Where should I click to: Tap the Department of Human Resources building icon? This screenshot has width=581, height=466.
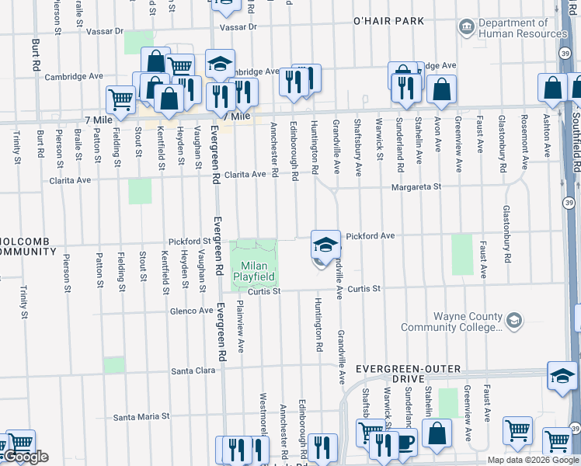pyautogui.click(x=466, y=27)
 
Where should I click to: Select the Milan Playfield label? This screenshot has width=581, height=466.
pyautogui.click(x=254, y=271)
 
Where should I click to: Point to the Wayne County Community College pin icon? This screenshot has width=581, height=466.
pyautogui.click(x=513, y=319)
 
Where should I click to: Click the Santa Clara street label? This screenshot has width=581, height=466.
pyautogui.click(x=193, y=371)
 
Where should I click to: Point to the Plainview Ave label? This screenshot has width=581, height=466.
pyautogui.click(x=240, y=322)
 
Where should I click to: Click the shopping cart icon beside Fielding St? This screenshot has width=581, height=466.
pyautogui.click(x=120, y=98)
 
